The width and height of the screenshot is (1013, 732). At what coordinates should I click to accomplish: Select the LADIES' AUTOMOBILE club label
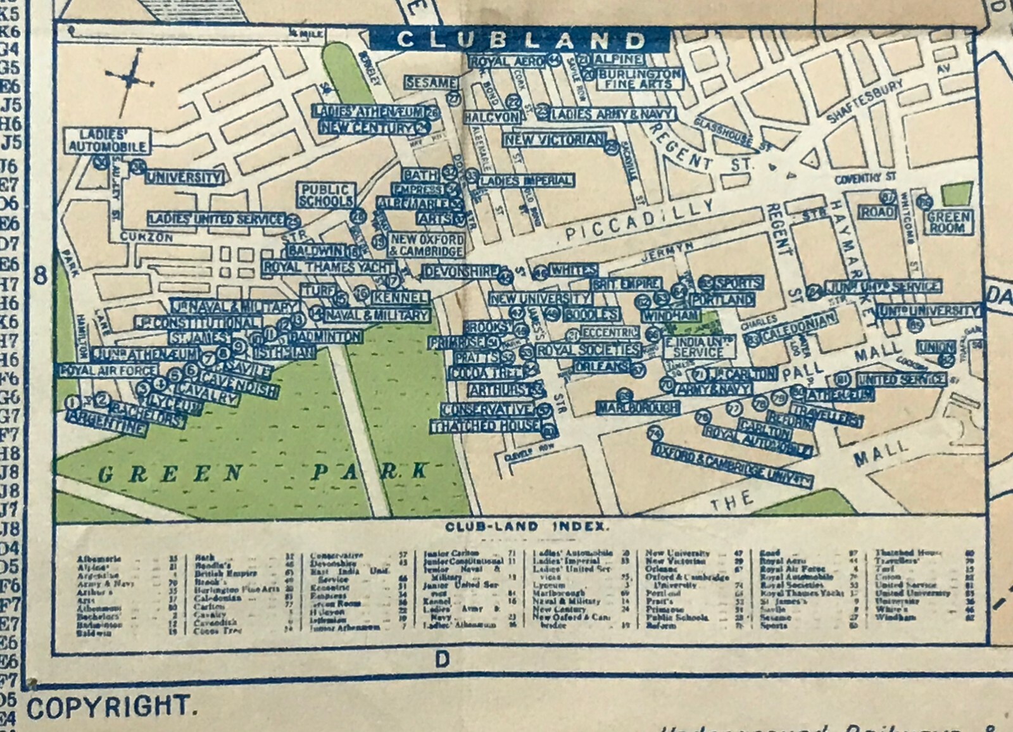tap(107, 141)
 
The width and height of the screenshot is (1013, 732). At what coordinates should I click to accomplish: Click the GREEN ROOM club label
tap(948, 222)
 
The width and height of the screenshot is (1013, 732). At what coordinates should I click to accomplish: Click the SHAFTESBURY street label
tap(866, 101)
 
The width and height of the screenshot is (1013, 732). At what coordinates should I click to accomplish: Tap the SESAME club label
tap(431, 83)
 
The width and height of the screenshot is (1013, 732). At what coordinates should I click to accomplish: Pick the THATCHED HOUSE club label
tap(486, 427)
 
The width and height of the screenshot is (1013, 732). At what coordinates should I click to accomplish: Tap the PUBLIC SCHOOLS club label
tap(325, 196)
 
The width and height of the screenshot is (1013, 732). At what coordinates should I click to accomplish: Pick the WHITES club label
tap(573, 270)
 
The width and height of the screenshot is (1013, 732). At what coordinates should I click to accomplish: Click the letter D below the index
tap(442, 660)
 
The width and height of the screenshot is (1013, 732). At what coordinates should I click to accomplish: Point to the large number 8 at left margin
tap(41, 276)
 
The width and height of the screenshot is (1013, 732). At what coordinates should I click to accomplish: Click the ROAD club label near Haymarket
tap(878, 212)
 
